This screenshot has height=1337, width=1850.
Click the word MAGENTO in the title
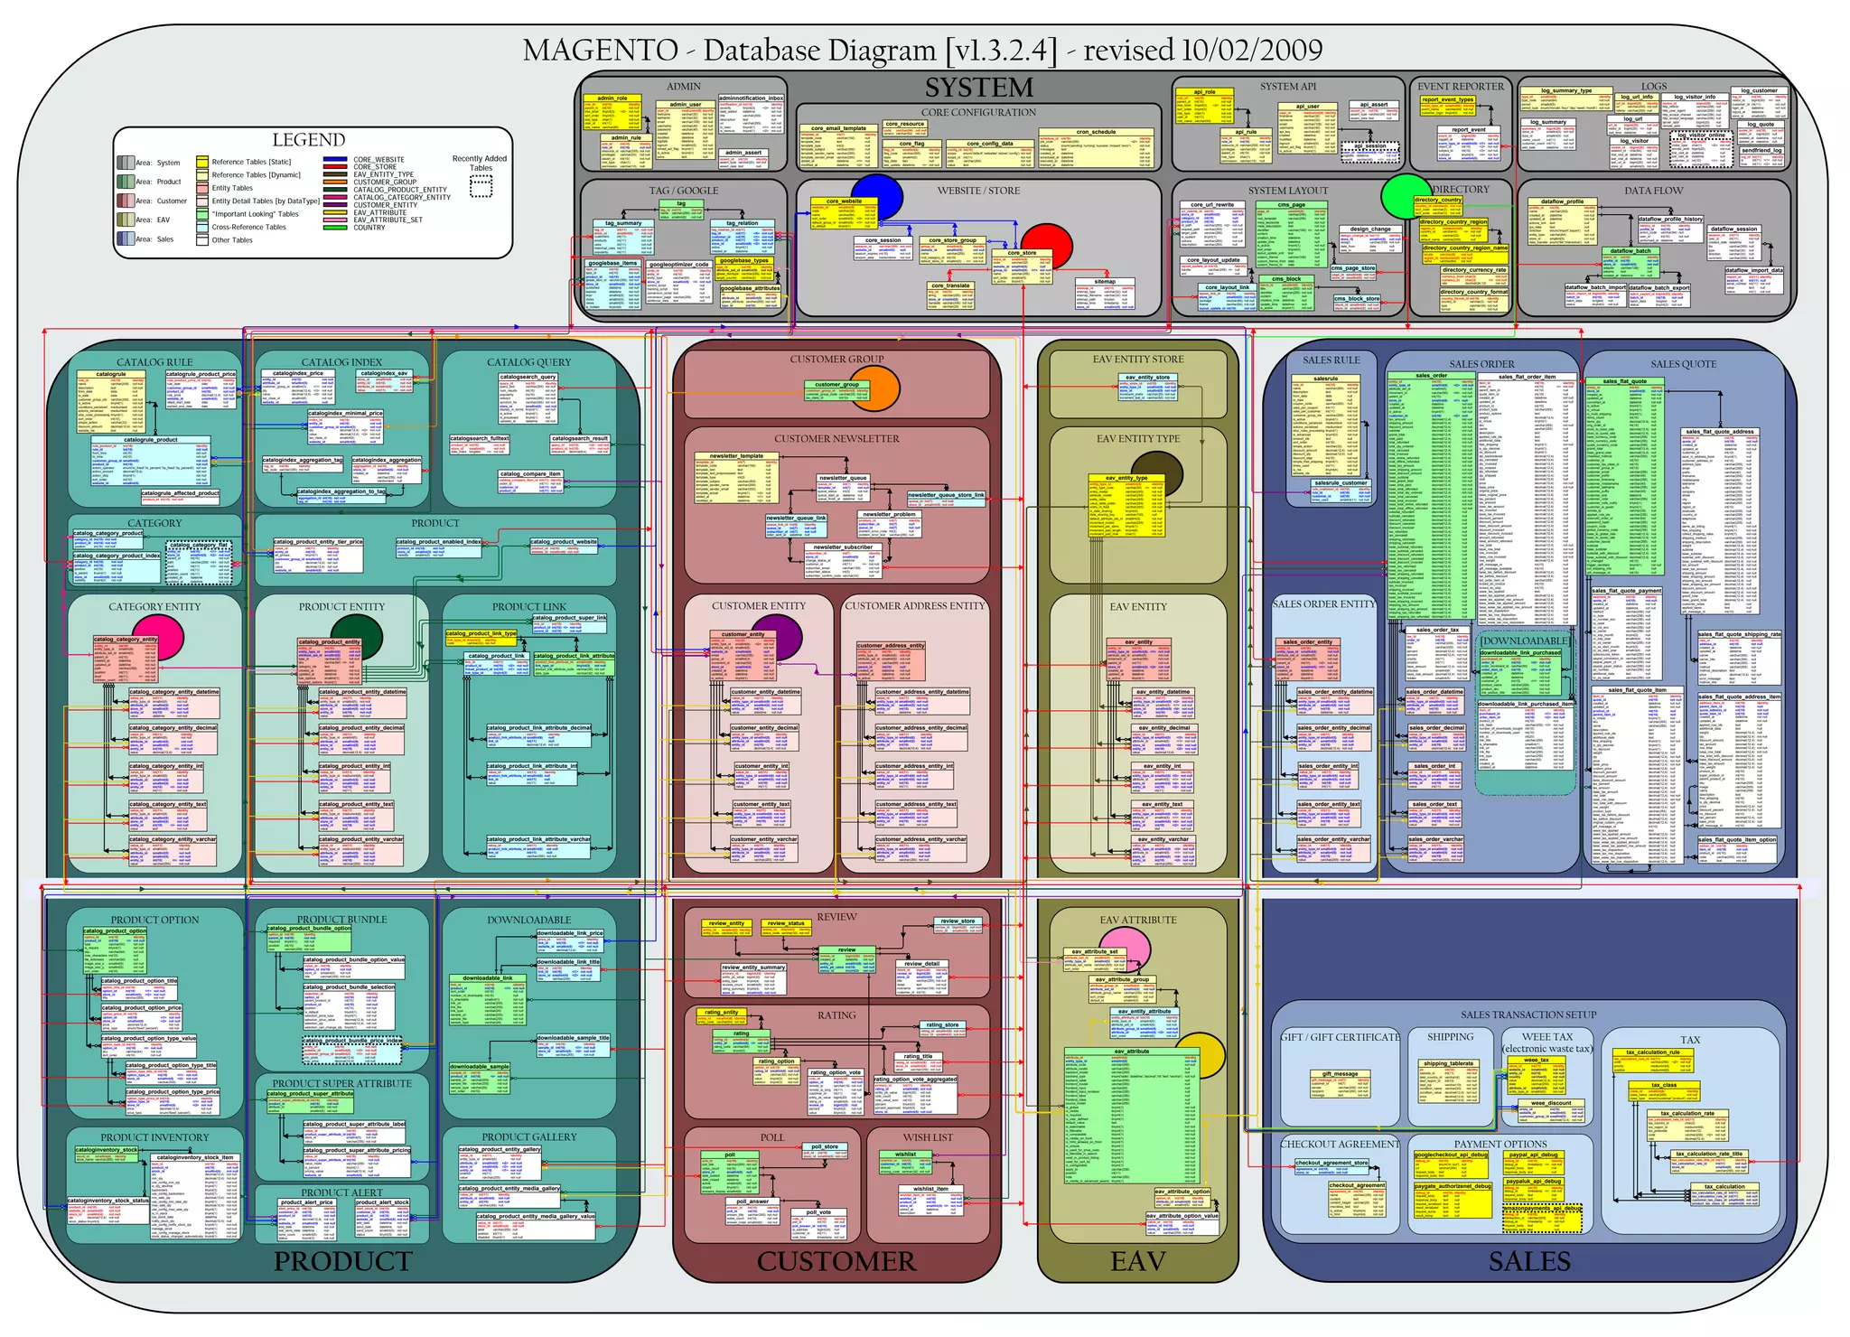point(600,51)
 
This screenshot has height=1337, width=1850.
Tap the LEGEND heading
point(309,140)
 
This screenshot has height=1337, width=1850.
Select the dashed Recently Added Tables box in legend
point(481,187)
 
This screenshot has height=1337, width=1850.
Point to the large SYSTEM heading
point(978,88)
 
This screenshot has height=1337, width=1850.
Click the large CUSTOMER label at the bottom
point(836,1261)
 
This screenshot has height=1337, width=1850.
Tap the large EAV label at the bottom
point(1137,1261)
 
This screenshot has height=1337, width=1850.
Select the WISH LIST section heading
point(928,1137)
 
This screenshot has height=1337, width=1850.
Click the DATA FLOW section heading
point(1653,191)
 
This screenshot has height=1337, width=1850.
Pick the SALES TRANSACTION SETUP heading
point(1528,1015)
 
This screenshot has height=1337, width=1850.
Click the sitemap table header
point(1104,282)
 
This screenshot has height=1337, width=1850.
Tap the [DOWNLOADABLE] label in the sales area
point(1525,641)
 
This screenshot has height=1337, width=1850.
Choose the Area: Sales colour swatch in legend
point(125,239)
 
